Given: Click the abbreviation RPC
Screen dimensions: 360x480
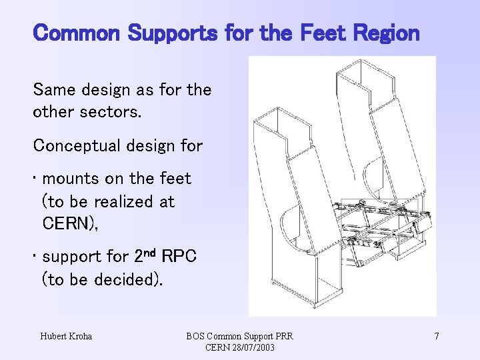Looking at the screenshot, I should point(179,257).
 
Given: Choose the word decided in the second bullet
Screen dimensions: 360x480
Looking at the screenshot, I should point(127,279).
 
